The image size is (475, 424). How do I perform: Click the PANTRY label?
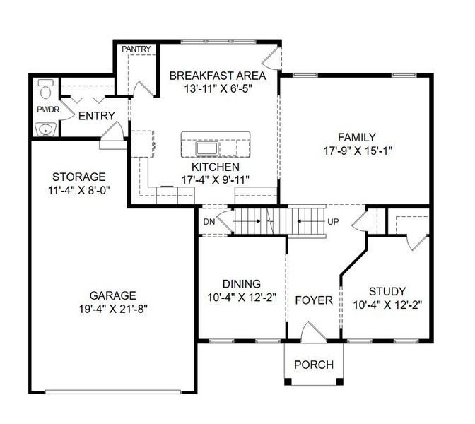[135, 49]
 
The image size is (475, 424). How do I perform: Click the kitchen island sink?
[208, 149]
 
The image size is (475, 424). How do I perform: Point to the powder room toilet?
[46, 90]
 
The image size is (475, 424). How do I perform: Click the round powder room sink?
[47, 129]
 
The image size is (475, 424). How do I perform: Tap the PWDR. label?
[49, 110]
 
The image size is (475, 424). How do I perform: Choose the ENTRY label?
[97, 116]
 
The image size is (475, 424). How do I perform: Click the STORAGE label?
[78, 176]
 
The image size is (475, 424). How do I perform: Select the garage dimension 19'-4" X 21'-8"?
[113, 308]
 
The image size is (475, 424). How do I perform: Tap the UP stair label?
[333, 222]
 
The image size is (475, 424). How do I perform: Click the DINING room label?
[241, 283]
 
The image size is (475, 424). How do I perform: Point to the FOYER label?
[313, 300]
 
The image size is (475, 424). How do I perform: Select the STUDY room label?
[387, 291]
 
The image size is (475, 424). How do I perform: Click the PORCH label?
[313, 365]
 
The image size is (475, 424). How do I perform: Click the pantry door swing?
[139, 88]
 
